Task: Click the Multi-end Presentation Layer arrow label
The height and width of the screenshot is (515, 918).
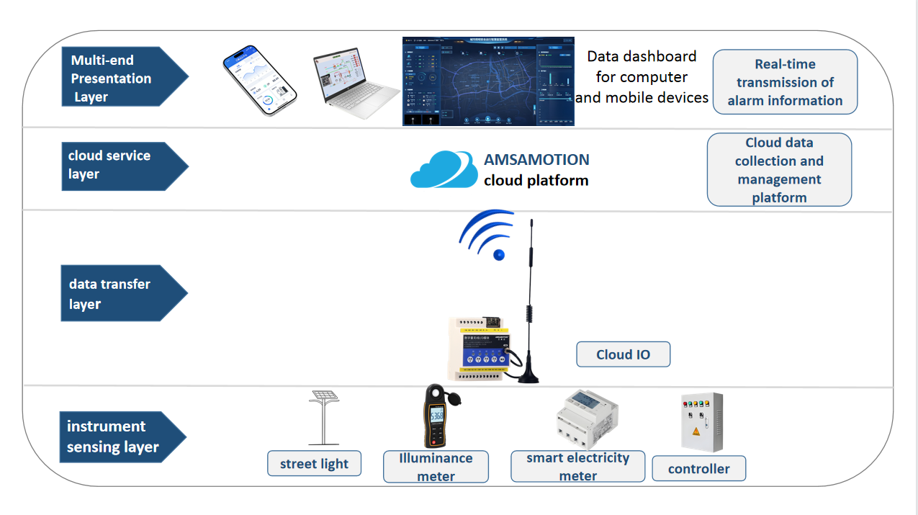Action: click(115, 78)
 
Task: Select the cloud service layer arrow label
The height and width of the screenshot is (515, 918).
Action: click(115, 165)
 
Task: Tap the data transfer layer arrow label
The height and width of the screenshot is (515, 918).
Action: click(115, 293)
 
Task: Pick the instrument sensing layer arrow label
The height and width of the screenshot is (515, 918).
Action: click(115, 436)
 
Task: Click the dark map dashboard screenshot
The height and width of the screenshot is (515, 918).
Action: click(488, 81)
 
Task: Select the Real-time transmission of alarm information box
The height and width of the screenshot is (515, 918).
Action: click(785, 82)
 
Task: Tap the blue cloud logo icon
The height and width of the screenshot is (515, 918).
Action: click(444, 170)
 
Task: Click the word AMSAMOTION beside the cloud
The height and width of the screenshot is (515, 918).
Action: click(536, 160)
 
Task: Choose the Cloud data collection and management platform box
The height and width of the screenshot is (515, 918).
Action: click(779, 170)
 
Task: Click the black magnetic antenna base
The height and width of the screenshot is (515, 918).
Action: click(530, 372)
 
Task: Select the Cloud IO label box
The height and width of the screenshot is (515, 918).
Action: click(623, 354)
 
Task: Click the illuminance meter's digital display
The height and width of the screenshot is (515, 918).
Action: click(436, 416)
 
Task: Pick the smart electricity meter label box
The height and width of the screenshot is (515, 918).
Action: click(578, 467)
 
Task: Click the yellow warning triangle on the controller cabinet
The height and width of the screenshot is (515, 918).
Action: click(696, 431)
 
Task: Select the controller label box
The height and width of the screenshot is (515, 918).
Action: click(698, 469)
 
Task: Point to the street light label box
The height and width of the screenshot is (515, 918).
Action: click(314, 464)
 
